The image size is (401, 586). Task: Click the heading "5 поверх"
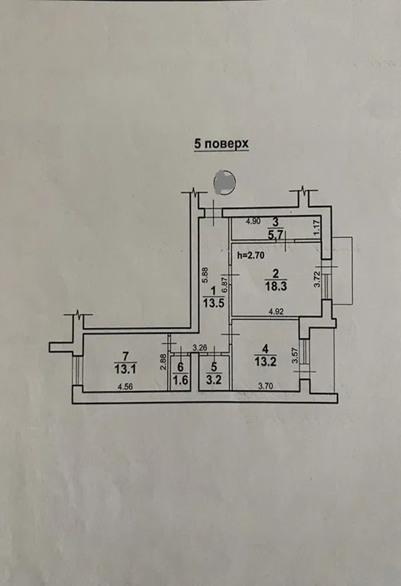pyautogui.click(x=221, y=144)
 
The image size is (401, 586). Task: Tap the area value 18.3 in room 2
pyautogui.click(x=276, y=287)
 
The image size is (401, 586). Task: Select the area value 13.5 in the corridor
pyautogui.click(x=213, y=303)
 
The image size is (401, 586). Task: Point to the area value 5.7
pyautogui.click(x=276, y=234)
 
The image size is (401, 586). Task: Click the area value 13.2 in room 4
pyautogui.click(x=265, y=361)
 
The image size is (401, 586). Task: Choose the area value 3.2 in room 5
pyautogui.click(x=214, y=380)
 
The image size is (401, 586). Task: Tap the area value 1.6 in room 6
pyautogui.click(x=181, y=380)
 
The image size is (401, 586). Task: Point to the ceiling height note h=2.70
pyautogui.click(x=251, y=255)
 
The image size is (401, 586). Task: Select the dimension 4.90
pyautogui.click(x=253, y=221)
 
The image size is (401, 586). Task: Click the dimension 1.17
pyautogui.click(x=317, y=229)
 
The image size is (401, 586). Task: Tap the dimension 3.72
pyautogui.click(x=317, y=279)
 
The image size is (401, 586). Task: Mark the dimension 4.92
pyautogui.click(x=276, y=312)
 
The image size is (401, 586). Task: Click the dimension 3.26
pyautogui.click(x=199, y=348)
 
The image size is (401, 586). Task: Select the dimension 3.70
pyautogui.click(x=265, y=387)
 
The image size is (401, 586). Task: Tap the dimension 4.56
pyautogui.click(x=125, y=387)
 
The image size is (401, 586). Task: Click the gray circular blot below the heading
pyautogui.click(x=225, y=183)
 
